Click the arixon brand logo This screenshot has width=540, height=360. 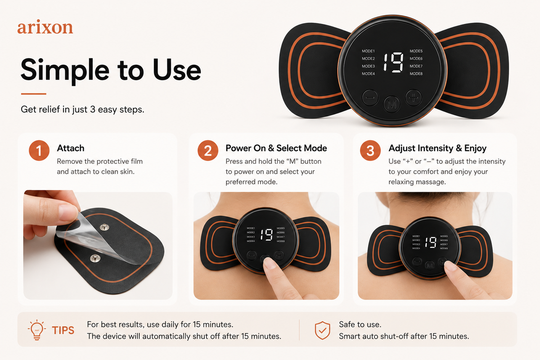click(45, 27)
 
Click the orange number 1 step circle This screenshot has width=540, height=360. click(39, 150)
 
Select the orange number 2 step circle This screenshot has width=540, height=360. click(208, 150)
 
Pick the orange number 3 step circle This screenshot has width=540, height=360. click(370, 150)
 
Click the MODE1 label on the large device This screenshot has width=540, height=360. click(368, 51)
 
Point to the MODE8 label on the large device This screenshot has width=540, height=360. click(416, 74)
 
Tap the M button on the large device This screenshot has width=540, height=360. click(392, 104)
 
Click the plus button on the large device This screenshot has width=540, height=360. click(413, 98)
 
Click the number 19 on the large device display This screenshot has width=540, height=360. click(393, 62)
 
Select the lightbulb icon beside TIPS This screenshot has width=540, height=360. click(36, 330)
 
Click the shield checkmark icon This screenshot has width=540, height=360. click(322, 330)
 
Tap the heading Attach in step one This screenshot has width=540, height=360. click(71, 148)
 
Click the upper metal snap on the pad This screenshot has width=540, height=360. click(104, 227)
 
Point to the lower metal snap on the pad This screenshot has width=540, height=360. click(94, 258)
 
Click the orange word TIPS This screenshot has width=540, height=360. click(63, 330)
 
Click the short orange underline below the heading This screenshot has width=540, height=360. click(33, 94)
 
